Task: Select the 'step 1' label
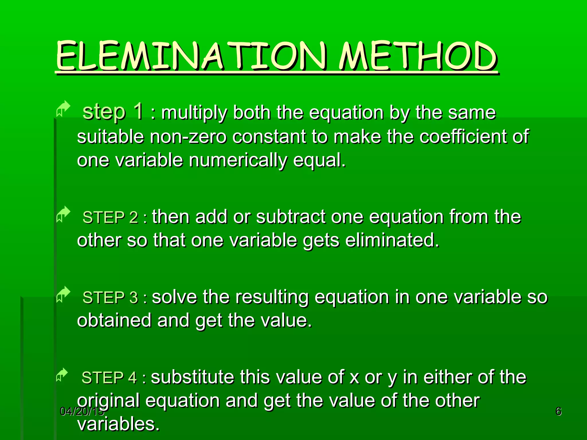coord(112,112)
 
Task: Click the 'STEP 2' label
coord(110,217)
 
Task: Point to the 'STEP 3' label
coord(110,298)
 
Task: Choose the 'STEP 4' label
coord(109,378)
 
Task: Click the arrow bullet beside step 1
coord(63,109)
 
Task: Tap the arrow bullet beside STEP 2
coord(63,214)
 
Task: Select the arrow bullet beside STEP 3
coord(63,294)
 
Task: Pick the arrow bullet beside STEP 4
coord(62,375)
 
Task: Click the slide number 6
coord(558,411)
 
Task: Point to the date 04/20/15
coord(82,412)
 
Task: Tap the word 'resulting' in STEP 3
coord(272,298)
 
